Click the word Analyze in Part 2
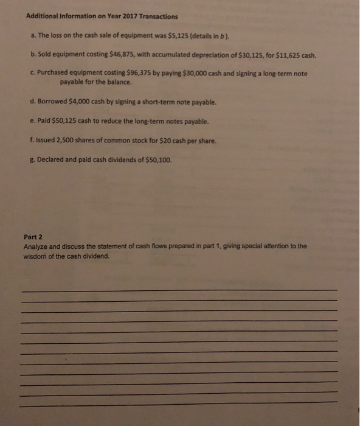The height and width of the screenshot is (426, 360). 36,246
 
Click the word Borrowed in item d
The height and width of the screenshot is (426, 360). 53,102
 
